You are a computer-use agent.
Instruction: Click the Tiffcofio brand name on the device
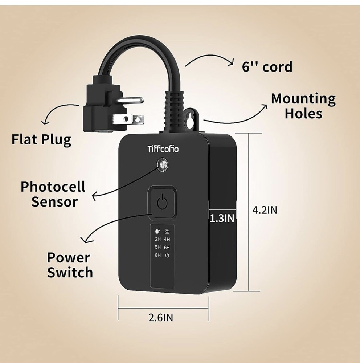point(163,149)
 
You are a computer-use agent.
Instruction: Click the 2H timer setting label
point(157,239)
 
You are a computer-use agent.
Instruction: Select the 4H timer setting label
point(167,239)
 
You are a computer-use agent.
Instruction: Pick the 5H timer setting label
point(157,247)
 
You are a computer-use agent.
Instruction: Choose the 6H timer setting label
point(167,247)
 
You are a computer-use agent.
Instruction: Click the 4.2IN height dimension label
point(265,210)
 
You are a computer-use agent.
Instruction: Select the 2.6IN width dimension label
point(161,317)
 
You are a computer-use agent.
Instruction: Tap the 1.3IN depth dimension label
point(222,218)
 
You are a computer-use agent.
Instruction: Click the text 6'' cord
point(267,67)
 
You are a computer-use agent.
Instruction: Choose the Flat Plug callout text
point(41,139)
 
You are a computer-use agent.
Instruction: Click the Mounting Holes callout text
point(303,106)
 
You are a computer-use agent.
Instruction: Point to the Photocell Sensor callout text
point(53,194)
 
